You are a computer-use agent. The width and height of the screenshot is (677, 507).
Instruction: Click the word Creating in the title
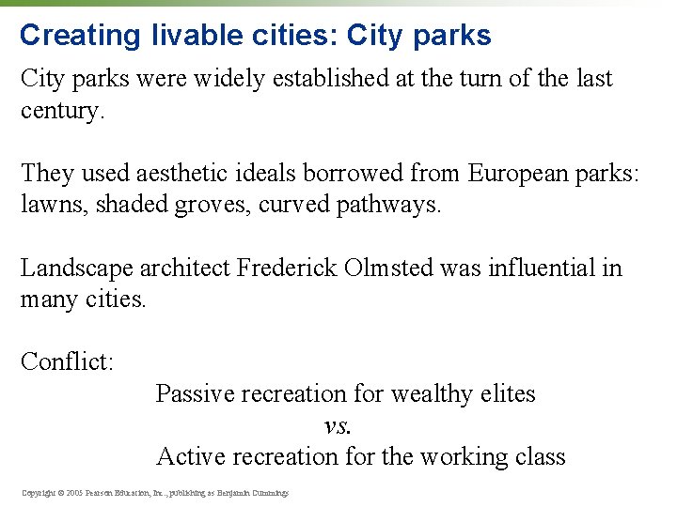pyautogui.click(x=79, y=36)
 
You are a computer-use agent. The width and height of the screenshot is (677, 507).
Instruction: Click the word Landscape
pyautogui.click(x=77, y=268)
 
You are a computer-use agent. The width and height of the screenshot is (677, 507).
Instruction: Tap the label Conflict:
pyautogui.click(x=67, y=361)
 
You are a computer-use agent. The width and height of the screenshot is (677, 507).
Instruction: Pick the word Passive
pyautogui.click(x=196, y=393)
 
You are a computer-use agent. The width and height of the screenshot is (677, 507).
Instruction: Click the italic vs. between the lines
pyautogui.click(x=338, y=425)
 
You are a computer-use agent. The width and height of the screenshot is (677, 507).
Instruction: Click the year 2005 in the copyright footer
pyautogui.click(x=73, y=492)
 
